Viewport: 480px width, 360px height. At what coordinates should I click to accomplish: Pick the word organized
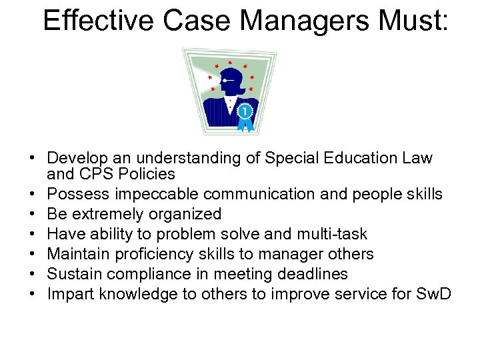pyautogui.click(x=187, y=214)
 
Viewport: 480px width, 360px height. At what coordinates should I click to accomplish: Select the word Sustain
pyautogui.click(x=72, y=274)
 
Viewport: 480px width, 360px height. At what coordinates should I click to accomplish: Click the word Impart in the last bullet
pyautogui.click(x=68, y=294)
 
